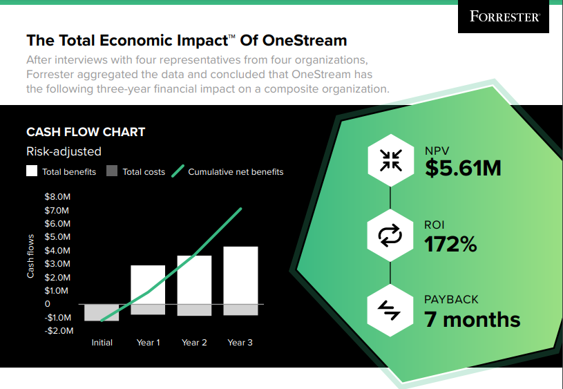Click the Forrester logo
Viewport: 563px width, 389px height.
click(x=504, y=17)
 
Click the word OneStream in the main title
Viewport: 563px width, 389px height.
click(x=302, y=40)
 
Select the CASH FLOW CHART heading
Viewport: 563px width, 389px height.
click(x=86, y=132)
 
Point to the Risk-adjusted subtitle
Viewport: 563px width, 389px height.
click(x=64, y=151)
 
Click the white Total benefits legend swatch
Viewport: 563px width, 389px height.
click(x=32, y=171)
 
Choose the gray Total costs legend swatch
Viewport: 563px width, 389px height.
click(x=112, y=171)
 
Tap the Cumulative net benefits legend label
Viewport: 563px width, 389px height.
click(x=236, y=172)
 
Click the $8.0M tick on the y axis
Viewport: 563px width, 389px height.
click(x=57, y=197)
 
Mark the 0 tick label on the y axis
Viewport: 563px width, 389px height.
click(x=48, y=304)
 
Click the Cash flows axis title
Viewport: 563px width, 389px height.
click(x=30, y=256)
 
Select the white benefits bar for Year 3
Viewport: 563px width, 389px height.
click(x=240, y=275)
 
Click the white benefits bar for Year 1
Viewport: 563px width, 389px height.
click(x=148, y=285)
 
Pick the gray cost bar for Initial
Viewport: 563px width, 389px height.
click(x=102, y=312)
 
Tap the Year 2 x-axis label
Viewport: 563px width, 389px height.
click(x=194, y=343)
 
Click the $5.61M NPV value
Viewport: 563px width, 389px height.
click(x=462, y=168)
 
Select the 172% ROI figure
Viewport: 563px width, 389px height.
click(x=450, y=243)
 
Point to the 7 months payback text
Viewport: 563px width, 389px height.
click(x=472, y=319)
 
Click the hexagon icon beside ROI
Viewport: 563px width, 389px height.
click(x=390, y=236)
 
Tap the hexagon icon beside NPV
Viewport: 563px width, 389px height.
click(x=390, y=160)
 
